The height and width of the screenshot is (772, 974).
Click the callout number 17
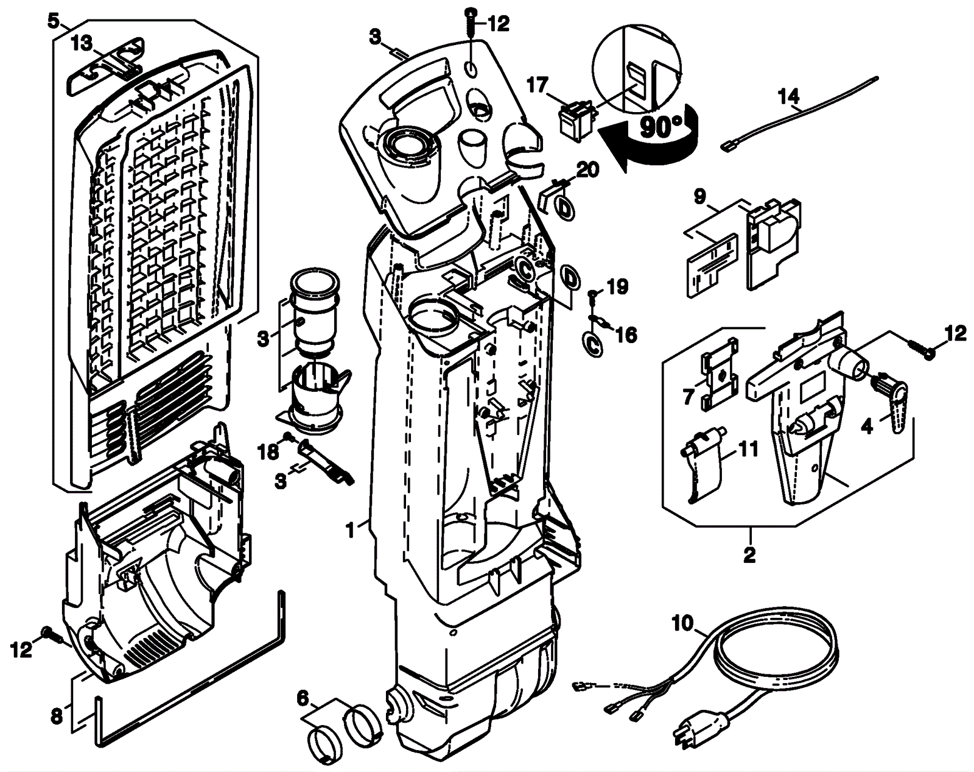pyautogui.click(x=538, y=85)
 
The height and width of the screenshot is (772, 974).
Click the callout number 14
pyautogui.click(x=790, y=96)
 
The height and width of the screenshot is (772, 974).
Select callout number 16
pyautogui.click(x=627, y=335)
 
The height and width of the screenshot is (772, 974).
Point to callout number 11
pyautogui.click(x=747, y=450)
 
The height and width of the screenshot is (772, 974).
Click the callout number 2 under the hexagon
pyautogui.click(x=750, y=556)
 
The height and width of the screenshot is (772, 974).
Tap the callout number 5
pyautogui.click(x=54, y=22)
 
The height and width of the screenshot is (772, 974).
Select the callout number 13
pyautogui.click(x=82, y=44)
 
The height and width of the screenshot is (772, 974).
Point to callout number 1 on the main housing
pyautogui.click(x=350, y=529)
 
